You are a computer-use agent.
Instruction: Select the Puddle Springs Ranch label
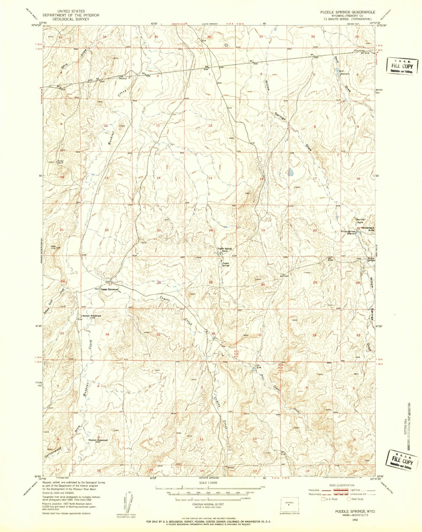224,250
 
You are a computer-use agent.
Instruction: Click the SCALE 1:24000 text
208,483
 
